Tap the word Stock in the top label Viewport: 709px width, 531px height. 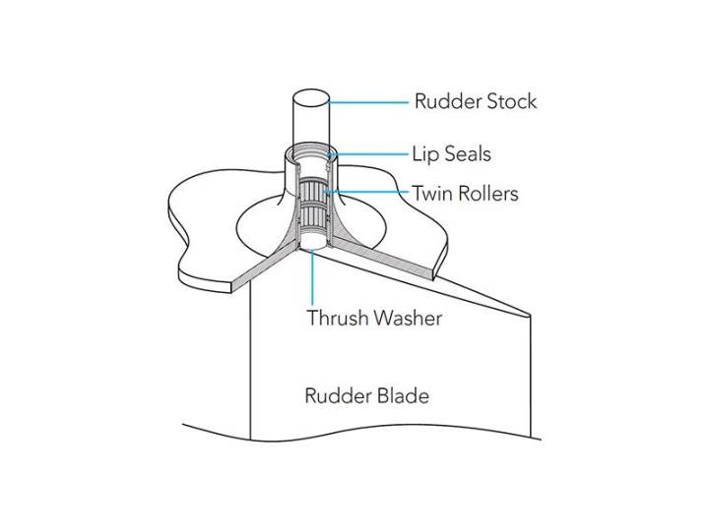511,101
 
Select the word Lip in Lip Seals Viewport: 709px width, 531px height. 425,154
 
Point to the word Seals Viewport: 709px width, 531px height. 467,154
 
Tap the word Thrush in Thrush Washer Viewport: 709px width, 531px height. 337,319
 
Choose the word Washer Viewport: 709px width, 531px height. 408,319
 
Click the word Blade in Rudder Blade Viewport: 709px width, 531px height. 404,396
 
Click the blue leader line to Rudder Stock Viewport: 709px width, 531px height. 369,101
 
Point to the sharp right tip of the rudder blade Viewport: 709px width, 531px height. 531,315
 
